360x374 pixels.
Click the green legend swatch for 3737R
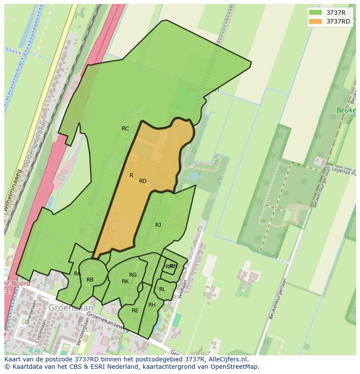(315, 12)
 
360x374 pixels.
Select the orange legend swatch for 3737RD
(315, 21)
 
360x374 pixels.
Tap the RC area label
(125, 129)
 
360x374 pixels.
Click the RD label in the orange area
(143, 181)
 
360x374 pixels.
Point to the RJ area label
(158, 225)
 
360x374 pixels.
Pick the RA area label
(77, 274)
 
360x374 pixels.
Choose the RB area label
(90, 280)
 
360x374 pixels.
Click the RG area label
(133, 275)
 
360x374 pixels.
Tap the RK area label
(125, 281)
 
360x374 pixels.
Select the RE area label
(135, 311)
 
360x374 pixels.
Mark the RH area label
(152, 305)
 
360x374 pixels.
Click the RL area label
(162, 289)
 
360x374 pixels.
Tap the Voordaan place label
(203, 89)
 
